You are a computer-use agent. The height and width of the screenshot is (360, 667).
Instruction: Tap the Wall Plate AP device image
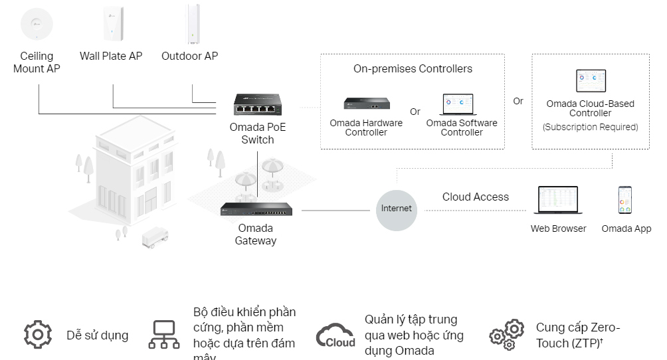(112, 24)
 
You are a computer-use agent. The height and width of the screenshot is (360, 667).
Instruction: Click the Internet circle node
(397, 209)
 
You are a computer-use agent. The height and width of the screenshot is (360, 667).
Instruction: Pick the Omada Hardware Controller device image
(366, 103)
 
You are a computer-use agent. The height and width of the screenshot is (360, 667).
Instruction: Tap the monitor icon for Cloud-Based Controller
(591, 81)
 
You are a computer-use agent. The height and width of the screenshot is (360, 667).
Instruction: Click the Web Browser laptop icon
(558, 200)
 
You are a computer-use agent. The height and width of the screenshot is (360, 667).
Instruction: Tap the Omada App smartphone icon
(624, 200)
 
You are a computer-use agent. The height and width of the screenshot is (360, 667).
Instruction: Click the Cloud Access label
(476, 197)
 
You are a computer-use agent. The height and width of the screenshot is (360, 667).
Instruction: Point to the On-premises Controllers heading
(413, 69)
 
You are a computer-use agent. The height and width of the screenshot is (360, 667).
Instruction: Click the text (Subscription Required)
(590, 127)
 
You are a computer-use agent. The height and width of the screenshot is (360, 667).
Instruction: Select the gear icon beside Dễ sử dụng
(37, 334)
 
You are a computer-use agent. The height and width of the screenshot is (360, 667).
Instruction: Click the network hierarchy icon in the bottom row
(163, 334)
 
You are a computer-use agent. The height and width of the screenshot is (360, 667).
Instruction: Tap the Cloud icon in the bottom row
(335, 335)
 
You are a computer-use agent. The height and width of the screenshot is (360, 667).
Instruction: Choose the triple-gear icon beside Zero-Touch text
(507, 335)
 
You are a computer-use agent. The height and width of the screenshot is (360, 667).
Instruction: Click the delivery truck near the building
(155, 237)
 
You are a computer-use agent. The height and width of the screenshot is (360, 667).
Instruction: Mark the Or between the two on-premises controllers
(415, 112)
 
